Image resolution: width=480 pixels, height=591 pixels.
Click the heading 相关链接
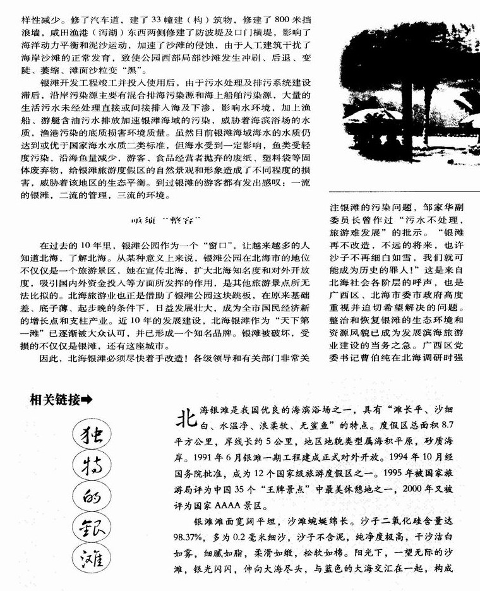pyautogui.click(x=54, y=399)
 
